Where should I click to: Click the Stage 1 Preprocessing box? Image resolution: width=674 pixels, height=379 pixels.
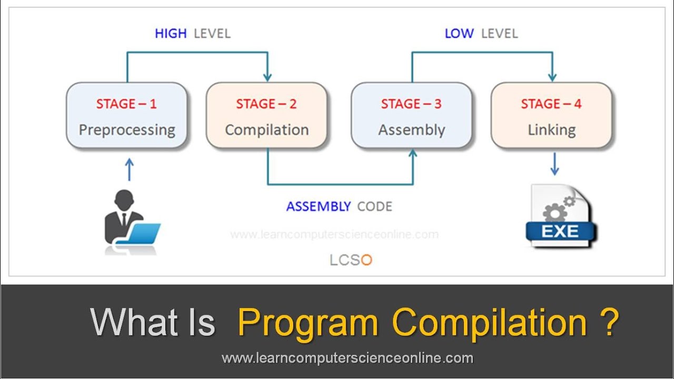[x=126, y=116]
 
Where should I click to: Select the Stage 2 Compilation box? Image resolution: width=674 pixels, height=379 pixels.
[x=266, y=116]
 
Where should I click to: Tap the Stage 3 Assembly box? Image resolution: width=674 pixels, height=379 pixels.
[x=411, y=116]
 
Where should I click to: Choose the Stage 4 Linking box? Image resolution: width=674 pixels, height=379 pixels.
[x=551, y=116]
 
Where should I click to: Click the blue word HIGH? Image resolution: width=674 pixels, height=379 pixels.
[x=171, y=34]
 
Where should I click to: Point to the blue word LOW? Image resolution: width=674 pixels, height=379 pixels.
[x=459, y=34]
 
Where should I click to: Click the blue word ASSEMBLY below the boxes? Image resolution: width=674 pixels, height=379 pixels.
[x=318, y=206]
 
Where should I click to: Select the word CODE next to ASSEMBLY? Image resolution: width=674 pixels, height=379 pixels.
[x=374, y=206]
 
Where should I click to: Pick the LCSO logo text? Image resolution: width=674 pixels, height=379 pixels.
[x=351, y=260]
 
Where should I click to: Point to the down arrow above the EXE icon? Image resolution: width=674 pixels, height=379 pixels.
[x=554, y=164]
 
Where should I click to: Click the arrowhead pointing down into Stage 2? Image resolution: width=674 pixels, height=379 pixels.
[x=267, y=76]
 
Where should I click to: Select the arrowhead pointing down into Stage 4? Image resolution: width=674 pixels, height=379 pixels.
[x=552, y=76]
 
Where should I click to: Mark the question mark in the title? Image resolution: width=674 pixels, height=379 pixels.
[x=609, y=322]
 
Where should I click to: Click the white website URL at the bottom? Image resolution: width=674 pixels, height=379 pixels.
[x=348, y=358]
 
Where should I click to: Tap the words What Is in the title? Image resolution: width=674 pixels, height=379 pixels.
[x=153, y=322]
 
